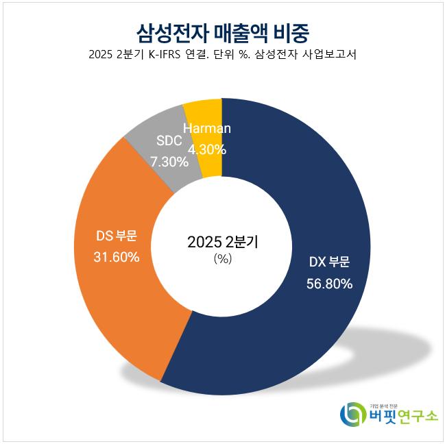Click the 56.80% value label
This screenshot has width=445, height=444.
329,283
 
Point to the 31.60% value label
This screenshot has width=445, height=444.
117,257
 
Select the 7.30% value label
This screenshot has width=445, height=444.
169,162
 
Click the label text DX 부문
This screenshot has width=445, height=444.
329,262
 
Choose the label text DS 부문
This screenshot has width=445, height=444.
117,236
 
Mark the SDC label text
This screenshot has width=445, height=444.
169,142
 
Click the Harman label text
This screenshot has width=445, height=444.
206,128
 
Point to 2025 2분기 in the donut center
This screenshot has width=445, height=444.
222,242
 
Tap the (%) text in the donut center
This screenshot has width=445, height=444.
222,258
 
